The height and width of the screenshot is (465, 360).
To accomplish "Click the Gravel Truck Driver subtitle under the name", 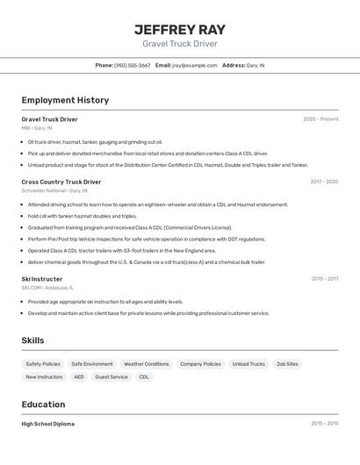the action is point(179,44).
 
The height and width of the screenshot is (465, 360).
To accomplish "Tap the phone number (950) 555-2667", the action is point(132,65).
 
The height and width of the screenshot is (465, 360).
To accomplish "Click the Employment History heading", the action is point(65,100).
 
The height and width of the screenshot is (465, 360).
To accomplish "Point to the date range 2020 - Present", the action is point(320,119).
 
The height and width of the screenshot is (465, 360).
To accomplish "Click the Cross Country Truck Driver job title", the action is point(61,182).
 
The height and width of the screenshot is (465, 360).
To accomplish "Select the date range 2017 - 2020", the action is point(324,182).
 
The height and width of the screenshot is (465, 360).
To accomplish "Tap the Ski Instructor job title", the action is point(42,279).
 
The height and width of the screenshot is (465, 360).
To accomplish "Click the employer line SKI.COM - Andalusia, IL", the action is point(47,287).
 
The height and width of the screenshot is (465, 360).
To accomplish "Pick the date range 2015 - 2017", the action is point(324,279).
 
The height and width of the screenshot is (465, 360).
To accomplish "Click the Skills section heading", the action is point(33,340).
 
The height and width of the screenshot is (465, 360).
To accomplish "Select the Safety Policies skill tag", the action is point(43,364).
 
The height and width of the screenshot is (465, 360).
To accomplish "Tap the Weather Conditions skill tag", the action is point(146,364).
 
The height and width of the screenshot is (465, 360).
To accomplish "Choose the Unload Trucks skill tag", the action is point(248,364).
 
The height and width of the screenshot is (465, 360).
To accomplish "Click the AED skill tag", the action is point(79,377).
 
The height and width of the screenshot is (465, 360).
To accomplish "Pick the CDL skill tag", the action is point(144,377).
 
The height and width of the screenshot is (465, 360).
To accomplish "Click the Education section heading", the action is point(44,404).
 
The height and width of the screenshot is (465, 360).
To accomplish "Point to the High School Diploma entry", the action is point(48,424).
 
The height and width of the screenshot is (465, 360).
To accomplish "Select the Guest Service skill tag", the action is point(112,377).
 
